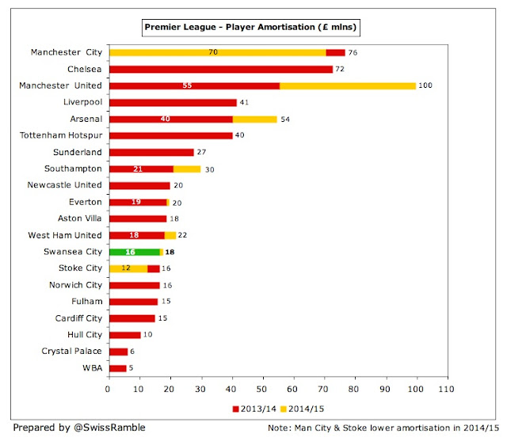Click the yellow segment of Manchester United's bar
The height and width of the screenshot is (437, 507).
348,85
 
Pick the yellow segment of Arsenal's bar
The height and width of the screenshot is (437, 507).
254,119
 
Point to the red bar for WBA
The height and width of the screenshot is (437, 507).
116,368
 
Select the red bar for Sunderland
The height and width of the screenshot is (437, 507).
151,152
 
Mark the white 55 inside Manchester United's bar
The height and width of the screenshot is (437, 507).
187,85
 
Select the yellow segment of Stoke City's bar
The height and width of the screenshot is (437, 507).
127,268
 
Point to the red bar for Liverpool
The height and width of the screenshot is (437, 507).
172,102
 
